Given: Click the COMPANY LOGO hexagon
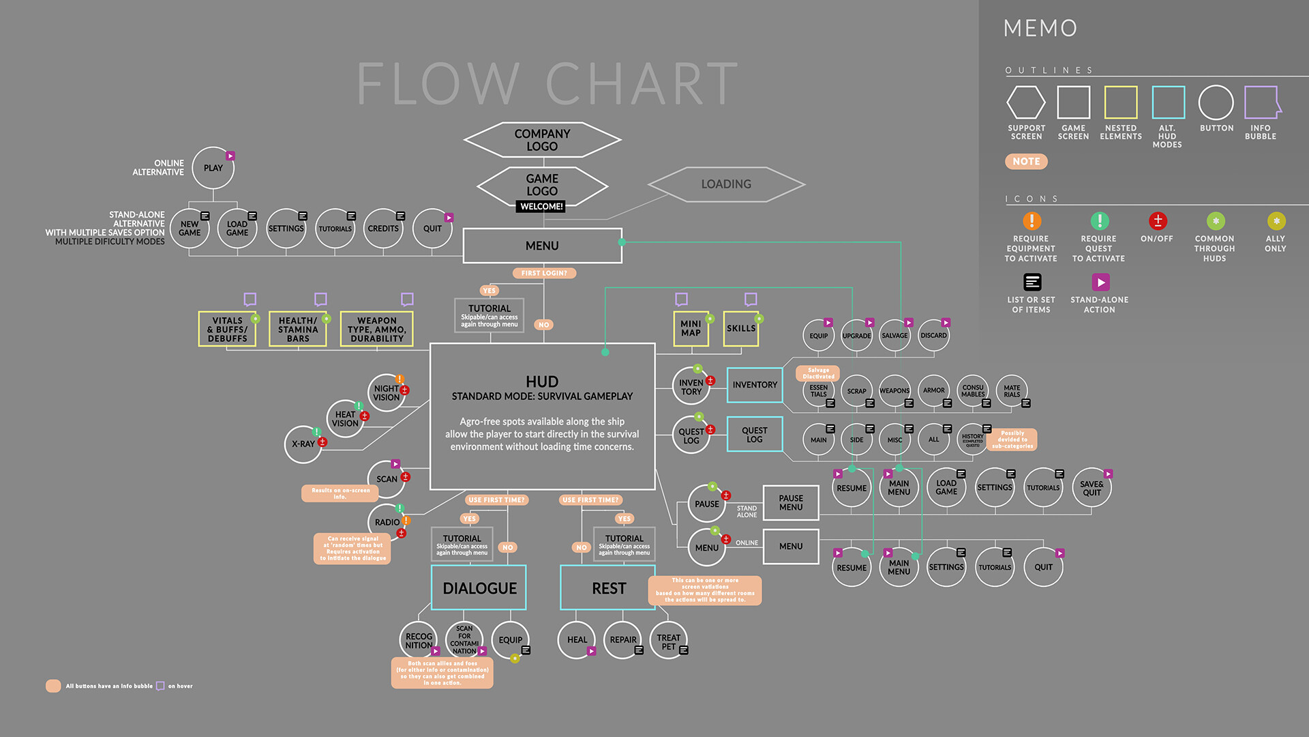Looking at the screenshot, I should pyautogui.click(x=542, y=140).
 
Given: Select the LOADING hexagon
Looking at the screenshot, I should pyautogui.click(x=726, y=184).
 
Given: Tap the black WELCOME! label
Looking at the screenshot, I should pyautogui.click(x=541, y=206).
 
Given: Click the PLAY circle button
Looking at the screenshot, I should pyautogui.click(x=213, y=168).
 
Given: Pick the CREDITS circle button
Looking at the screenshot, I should pyautogui.click(x=383, y=229).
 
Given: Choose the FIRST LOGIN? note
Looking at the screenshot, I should pyautogui.click(x=544, y=273).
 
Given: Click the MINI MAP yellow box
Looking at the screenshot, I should pyautogui.click(x=691, y=328).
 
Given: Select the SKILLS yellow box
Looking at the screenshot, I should pyautogui.click(x=741, y=328).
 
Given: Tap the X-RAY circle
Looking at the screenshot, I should pyautogui.click(x=303, y=444).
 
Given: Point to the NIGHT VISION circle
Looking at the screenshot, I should pyautogui.click(x=387, y=393).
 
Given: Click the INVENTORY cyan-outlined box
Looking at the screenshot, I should pyautogui.click(x=755, y=385).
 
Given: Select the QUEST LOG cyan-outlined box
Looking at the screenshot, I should pyautogui.click(x=755, y=435).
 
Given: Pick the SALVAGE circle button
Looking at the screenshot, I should pyautogui.click(x=894, y=335).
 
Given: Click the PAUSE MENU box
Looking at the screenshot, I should pyautogui.click(x=791, y=503).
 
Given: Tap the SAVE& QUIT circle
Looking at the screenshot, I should pyautogui.click(x=1092, y=488).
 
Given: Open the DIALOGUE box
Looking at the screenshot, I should pyautogui.click(x=479, y=588).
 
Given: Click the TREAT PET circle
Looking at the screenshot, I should pyautogui.click(x=668, y=641).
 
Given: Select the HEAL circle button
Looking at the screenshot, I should pyautogui.click(x=577, y=640).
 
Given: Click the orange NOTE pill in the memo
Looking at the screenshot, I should pyautogui.click(x=1026, y=162).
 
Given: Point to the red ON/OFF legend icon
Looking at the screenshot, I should pyautogui.click(x=1158, y=221).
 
